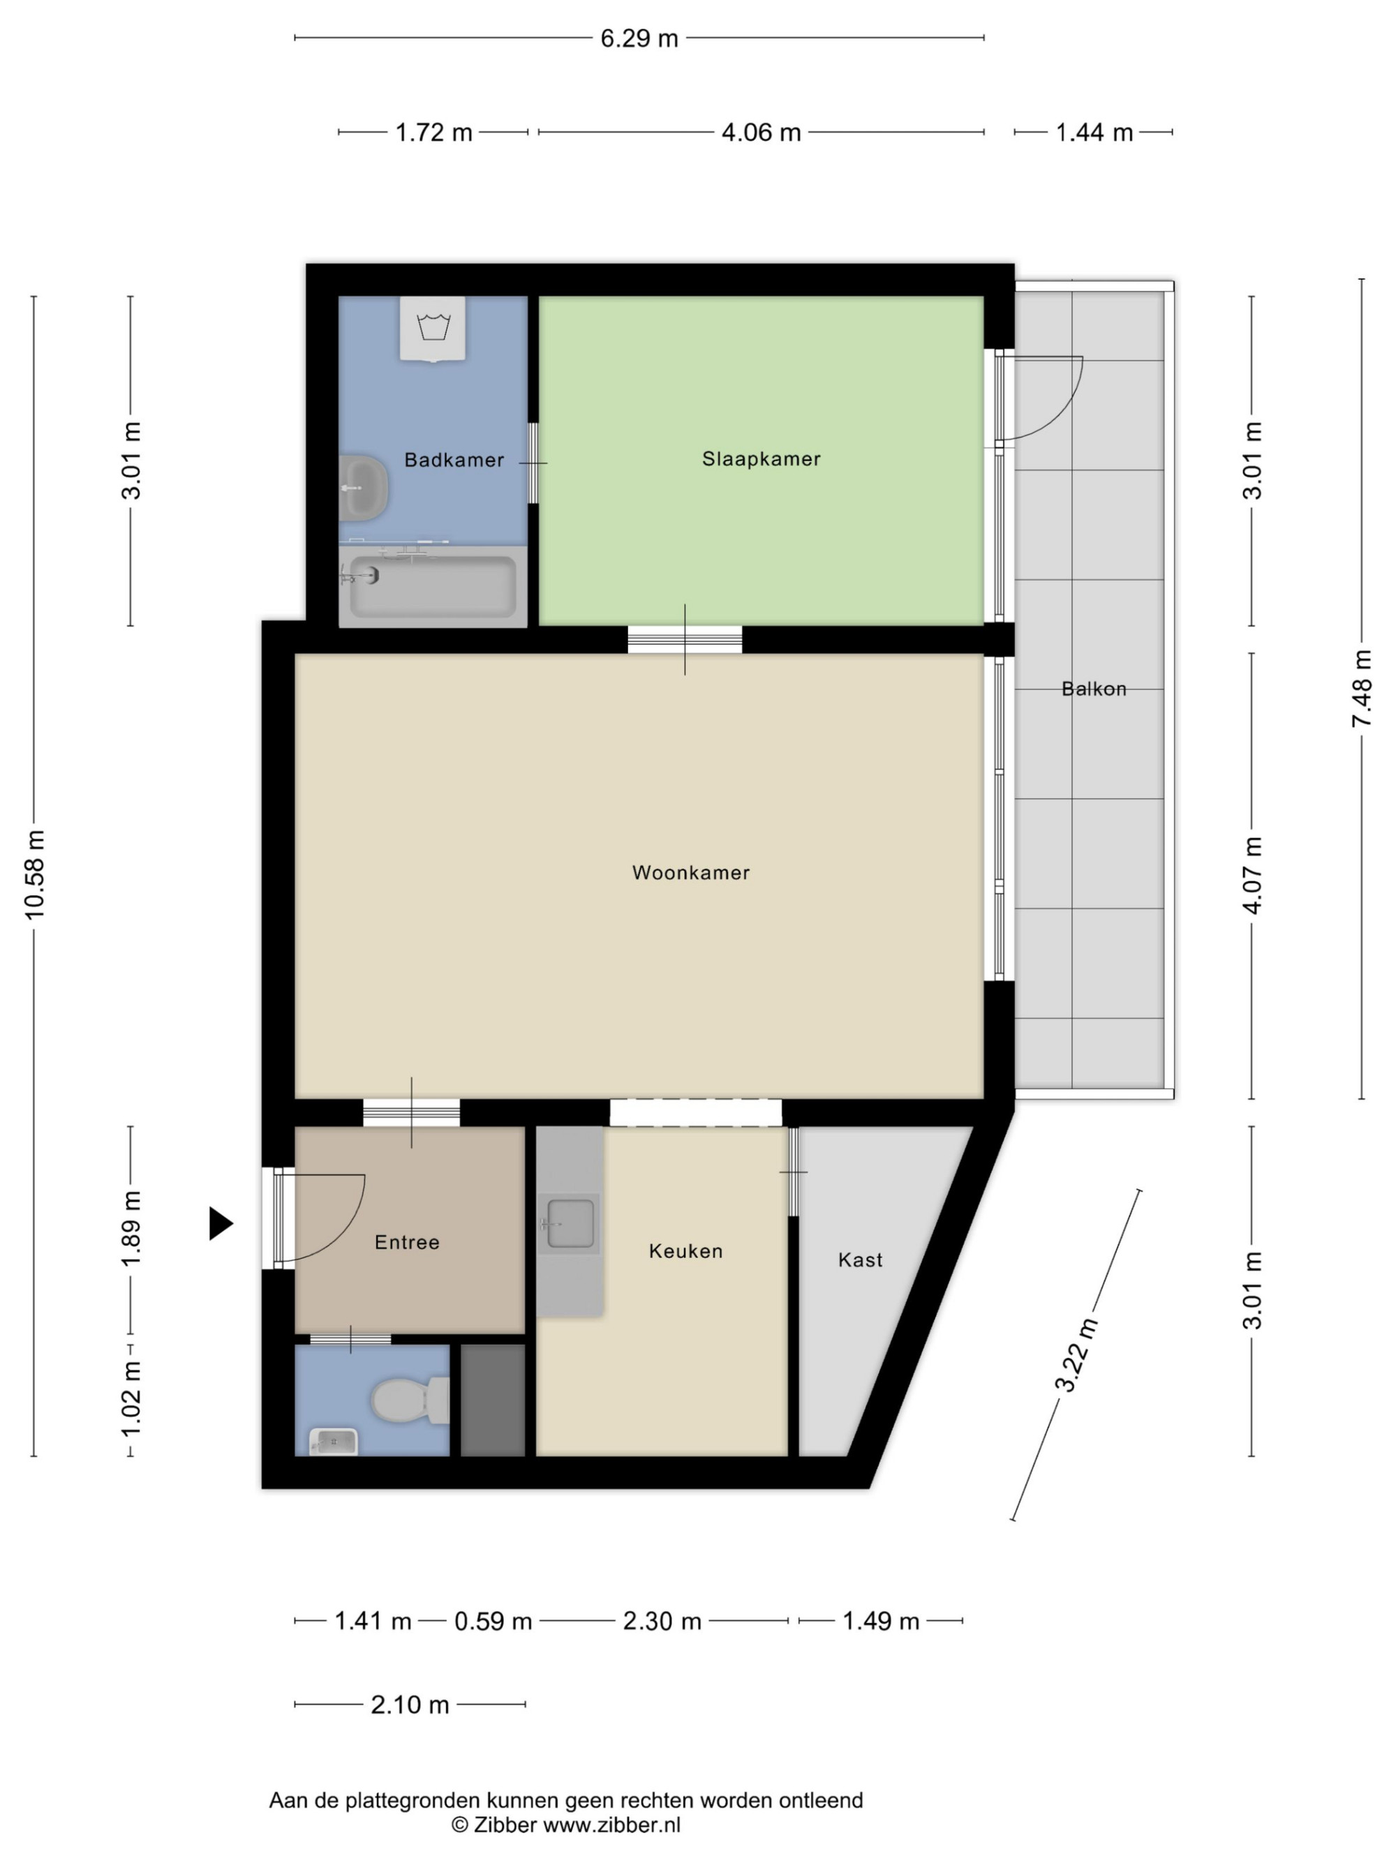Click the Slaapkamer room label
[761, 458]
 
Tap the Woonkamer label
[691, 872]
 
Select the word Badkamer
[454, 459]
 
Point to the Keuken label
[686, 1251]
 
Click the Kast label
[860, 1260]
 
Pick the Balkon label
[1094, 689]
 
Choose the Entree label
[407, 1242]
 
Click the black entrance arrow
[221, 1223]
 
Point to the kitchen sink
[570, 1223]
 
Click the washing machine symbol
[433, 329]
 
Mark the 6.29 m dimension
[639, 38]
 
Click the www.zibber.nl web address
[611, 1825]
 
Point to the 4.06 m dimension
[761, 133]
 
